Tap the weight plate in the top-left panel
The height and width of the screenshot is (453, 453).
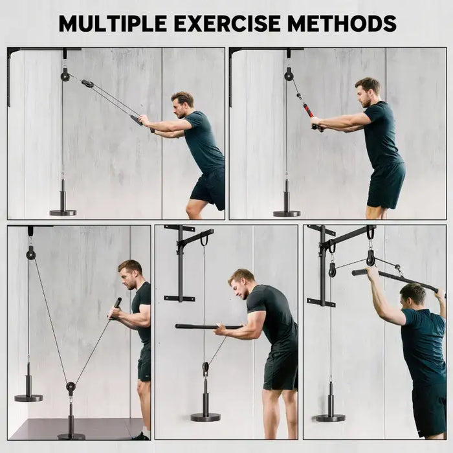click(63, 212)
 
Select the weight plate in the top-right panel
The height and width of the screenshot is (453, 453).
click(286, 212)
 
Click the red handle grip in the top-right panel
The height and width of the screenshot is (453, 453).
click(309, 110)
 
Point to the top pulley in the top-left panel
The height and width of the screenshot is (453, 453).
click(65, 76)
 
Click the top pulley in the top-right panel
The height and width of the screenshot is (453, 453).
click(289, 76)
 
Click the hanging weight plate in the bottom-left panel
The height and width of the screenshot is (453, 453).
click(28, 397)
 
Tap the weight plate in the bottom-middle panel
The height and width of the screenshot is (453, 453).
click(205, 416)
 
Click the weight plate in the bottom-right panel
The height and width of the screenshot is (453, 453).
click(330, 417)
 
